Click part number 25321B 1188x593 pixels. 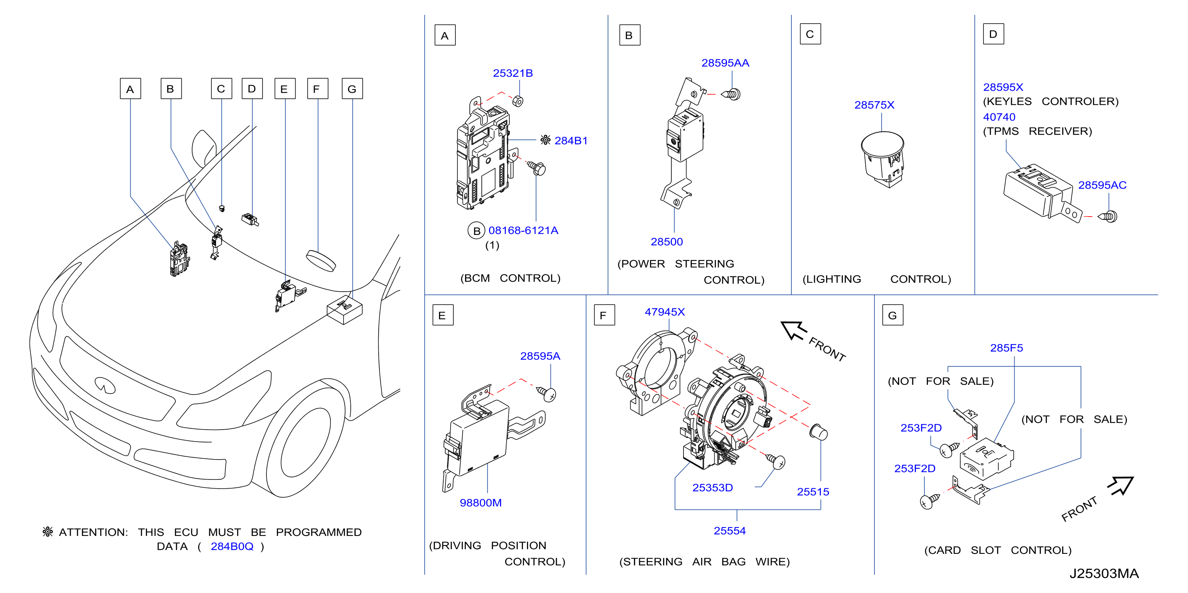513,74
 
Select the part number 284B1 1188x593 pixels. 571,141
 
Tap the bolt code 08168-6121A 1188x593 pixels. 523,230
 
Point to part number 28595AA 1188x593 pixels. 725,63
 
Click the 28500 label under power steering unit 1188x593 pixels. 666,242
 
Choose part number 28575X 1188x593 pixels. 874,105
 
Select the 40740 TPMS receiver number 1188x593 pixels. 999,117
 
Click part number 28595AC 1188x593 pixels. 1102,185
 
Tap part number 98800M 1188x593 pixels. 481,503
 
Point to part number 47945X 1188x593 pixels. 665,312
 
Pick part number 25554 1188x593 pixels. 729,531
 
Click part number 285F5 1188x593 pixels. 1006,348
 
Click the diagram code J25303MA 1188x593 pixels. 1104,573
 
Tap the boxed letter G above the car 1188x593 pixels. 352,89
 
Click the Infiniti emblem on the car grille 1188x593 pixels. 105,385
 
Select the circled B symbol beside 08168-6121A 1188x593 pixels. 477,231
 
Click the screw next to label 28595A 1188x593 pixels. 547,394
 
